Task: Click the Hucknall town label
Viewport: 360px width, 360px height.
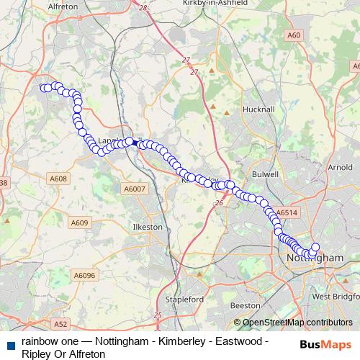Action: (x=260, y=109)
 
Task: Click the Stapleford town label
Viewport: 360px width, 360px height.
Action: (x=180, y=299)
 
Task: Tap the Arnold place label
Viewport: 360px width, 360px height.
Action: (x=339, y=167)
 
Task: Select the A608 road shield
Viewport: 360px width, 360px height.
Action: (x=59, y=179)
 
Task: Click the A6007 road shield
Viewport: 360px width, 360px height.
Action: (x=134, y=189)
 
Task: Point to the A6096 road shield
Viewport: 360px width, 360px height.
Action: (x=84, y=275)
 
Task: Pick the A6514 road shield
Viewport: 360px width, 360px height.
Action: (x=287, y=213)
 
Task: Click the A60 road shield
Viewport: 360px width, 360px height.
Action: (x=293, y=35)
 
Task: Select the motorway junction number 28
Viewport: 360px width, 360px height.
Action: (x=143, y=7)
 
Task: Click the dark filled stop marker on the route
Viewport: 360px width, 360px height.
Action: (x=135, y=143)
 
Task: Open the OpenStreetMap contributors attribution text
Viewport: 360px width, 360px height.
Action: (x=293, y=323)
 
